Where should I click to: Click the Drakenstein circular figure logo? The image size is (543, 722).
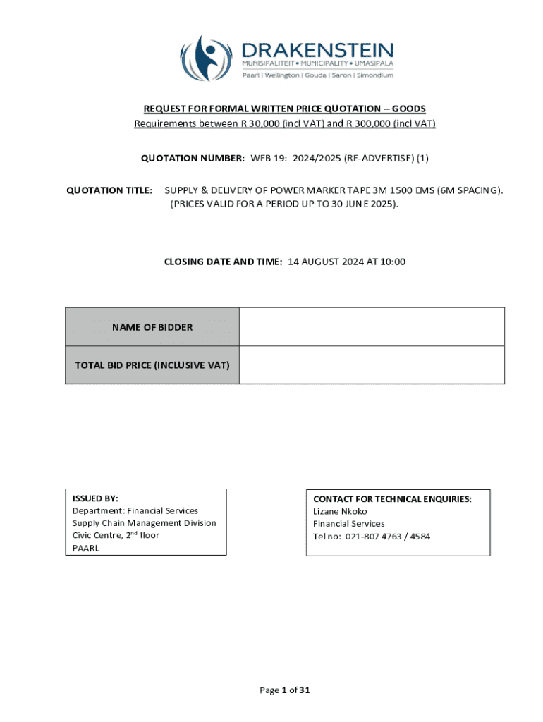click(205, 59)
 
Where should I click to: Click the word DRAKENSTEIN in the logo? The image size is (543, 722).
click(317, 50)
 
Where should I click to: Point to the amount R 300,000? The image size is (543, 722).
click(367, 124)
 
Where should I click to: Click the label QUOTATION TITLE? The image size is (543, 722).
click(109, 190)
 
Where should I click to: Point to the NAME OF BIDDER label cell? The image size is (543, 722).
click(152, 327)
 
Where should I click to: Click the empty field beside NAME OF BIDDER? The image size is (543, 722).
click(372, 327)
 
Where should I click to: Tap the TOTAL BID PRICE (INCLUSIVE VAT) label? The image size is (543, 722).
click(152, 365)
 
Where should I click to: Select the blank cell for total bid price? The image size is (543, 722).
click(372, 365)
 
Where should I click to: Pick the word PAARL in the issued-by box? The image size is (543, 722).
click(86, 548)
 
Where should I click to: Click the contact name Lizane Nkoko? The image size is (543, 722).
click(340, 511)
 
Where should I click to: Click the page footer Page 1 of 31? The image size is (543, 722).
click(286, 690)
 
